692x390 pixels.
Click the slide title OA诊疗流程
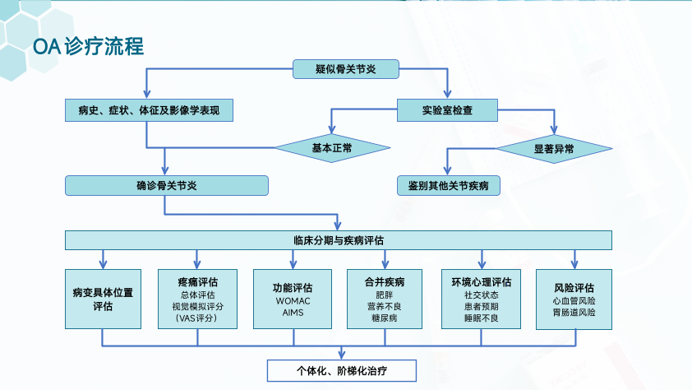coord(88,47)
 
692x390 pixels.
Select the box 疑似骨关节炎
coord(345,69)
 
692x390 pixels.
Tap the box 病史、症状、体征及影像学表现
coord(149,109)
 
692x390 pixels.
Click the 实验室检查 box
coord(447,109)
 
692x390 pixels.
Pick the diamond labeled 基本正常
coord(332,148)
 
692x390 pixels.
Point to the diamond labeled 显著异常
coord(554,148)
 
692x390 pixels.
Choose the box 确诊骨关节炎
coord(166,185)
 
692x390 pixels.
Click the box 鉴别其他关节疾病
coord(448,185)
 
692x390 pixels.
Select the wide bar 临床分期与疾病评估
coord(339,240)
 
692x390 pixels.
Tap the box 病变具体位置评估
coord(102,299)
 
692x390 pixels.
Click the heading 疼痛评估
coord(197,281)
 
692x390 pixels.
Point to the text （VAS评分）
coord(197,318)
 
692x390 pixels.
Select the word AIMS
coord(292,313)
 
